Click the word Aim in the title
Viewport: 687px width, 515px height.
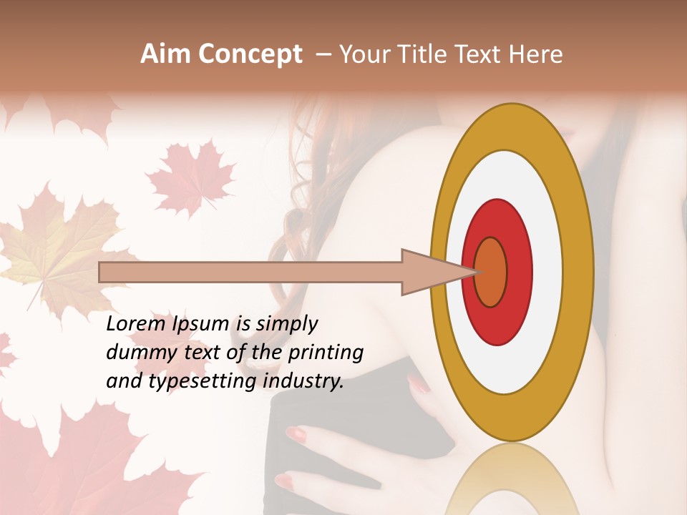tap(165, 54)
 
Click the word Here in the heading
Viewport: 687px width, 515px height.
tap(536, 54)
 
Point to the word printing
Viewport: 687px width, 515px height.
tap(325, 353)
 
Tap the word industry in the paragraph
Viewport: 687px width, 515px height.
tap(303, 381)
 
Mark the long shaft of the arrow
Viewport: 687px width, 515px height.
tap(250, 272)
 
